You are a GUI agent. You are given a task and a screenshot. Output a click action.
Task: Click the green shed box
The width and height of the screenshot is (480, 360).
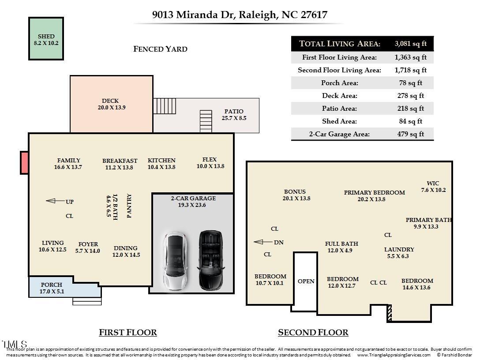pyautogui.click(x=46, y=39)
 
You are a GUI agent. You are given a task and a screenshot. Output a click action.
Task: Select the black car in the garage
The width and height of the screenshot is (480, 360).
pyautogui.click(x=210, y=261)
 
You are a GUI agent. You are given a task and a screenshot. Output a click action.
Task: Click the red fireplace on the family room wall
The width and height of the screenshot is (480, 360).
pyautogui.click(x=25, y=162)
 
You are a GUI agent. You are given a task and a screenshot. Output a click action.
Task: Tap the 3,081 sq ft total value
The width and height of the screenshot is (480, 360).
pyautogui.click(x=410, y=44)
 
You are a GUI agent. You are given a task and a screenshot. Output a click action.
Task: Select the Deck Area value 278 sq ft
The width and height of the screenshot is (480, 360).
pyautogui.click(x=410, y=95)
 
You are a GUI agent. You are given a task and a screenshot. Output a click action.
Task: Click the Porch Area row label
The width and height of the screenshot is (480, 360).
pyautogui.click(x=339, y=83)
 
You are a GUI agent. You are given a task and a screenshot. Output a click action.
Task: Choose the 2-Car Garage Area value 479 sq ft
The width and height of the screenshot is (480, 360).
pyautogui.click(x=410, y=134)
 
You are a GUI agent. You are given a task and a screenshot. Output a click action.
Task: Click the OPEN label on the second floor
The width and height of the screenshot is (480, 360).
pyautogui.click(x=306, y=281)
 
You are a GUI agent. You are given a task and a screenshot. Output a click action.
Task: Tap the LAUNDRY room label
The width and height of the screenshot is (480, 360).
pyautogui.click(x=399, y=249)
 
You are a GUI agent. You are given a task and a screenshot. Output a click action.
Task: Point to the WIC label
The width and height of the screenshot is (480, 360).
pyautogui.click(x=433, y=184)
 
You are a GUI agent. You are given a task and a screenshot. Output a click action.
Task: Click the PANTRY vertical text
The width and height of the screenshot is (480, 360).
pyautogui.click(x=129, y=206)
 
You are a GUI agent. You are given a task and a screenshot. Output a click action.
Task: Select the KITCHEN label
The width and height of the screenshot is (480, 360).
pyautogui.click(x=161, y=161)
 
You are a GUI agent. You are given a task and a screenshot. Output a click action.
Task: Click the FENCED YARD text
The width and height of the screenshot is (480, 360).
pyautogui.click(x=160, y=49)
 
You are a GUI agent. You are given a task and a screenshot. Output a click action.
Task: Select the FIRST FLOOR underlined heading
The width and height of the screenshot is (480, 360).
pyautogui.click(x=127, y=332)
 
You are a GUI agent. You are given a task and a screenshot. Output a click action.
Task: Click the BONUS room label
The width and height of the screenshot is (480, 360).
pyautogui.click(x=295, y=191)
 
